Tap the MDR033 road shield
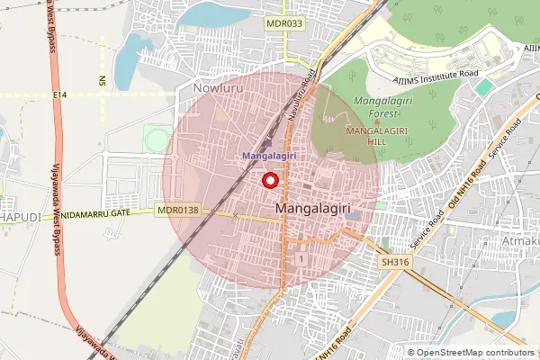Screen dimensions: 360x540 pyautogui.click(x=284, y=24)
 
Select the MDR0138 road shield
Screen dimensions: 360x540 pyautogui.click(x=177, y=211)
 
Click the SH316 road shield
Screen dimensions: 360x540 pyautogui.click(x=394, y=262)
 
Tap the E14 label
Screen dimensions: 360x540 pyautogui.click(x=60, y=94)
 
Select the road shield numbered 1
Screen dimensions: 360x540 pyautogui.click(x=299, y=259)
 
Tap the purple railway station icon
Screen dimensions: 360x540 pyautogui.click(x=266, y=143)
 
